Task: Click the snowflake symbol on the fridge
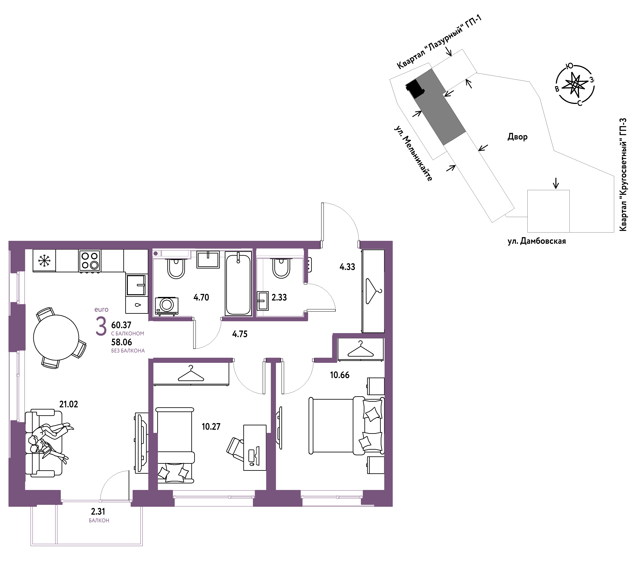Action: (x=44, y=260)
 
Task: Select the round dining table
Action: (x=56, y=338)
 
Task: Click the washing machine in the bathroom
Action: (x=167, y=306)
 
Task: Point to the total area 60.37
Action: (x=121, y=325)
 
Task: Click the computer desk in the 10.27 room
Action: (x=255, y=448)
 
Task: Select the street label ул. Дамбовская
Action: (x=537, y=241)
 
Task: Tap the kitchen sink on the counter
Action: (x=136, y=285)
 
